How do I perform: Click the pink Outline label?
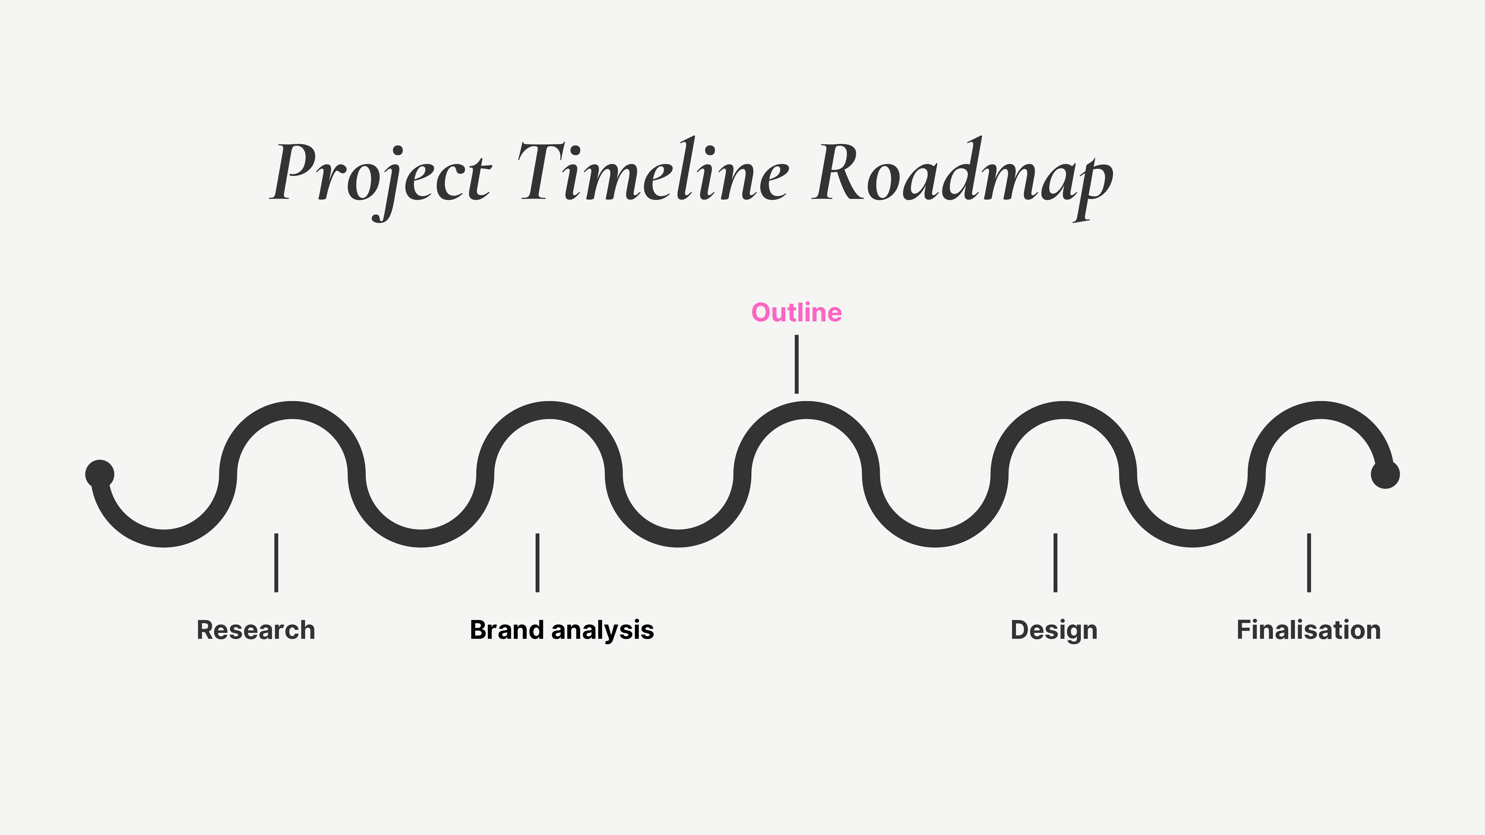click(x=797, y=312)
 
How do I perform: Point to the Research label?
click(x=256, y=630)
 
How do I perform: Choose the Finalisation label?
click(x=1309, y=630)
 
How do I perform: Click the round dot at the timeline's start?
click(x=100, y=474)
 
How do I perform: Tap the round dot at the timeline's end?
click(x=1385, y=474)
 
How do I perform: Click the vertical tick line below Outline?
click(x=797, y=364)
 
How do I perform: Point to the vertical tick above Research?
click(x=276, y=562)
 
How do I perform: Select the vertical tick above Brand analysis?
click(x=537, y=562)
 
